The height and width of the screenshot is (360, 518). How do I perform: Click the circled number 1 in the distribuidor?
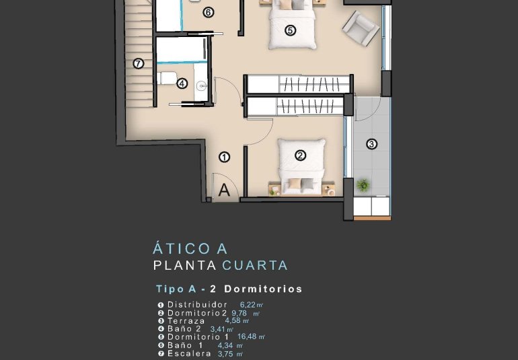point(225,157)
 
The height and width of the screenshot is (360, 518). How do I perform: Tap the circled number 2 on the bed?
point(300,155)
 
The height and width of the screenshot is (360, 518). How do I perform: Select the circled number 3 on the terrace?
point(371,143)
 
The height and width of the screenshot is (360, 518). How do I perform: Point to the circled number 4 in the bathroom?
point(182,83)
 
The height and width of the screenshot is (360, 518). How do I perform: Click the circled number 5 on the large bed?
point(290,30)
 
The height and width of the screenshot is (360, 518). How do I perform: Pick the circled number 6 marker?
point(208,12)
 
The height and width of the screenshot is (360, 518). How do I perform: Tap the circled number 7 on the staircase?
point(139,64)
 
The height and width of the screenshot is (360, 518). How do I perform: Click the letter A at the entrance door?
point(225,190)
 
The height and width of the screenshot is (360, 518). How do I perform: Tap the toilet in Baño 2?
point(167,77)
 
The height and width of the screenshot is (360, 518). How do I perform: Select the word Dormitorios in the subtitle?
point(263,289)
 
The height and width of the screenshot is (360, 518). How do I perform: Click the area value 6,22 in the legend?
point(248,305)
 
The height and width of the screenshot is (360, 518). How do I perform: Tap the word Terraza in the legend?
point(186,321)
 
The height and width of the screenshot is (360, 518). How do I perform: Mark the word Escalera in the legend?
point(189,353)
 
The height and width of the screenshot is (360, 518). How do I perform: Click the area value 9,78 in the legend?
point(239,313)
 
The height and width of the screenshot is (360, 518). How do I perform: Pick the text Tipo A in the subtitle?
point(176,289)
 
